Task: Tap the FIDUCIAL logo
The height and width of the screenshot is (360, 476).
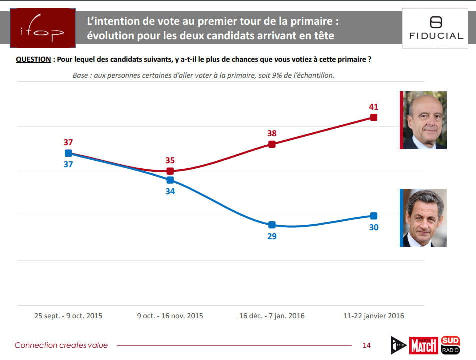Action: [436, 29]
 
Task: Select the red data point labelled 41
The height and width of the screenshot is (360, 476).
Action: [373, 117]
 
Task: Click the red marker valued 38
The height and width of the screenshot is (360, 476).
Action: [272, 144]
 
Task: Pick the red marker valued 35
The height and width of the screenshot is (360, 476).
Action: [170, 171]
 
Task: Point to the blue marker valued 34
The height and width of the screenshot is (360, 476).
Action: [170, 180]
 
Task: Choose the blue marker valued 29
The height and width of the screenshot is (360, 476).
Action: [272, 225]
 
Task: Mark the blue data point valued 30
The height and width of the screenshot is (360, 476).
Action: [373, 216]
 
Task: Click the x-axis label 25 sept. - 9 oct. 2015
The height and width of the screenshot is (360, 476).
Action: [68, 316]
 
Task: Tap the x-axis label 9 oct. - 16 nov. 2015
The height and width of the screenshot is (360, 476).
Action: [170, 316]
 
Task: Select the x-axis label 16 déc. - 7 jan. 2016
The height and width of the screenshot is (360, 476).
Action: [272, 316]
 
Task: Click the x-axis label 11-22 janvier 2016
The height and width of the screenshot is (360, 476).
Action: [373, 316]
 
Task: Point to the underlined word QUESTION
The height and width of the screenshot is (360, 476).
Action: [33, 59]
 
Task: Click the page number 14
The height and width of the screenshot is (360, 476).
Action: [366, 345]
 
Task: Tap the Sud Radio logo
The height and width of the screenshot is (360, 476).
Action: [450, 344]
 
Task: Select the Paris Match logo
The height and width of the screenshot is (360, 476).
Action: [424, 345]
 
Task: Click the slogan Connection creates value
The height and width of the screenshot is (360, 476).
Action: [61, 345]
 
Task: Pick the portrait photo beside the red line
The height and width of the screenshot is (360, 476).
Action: [425, 120]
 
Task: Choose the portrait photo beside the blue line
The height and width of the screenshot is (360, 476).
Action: [425, 218]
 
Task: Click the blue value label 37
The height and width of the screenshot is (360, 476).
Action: [68, 164]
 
